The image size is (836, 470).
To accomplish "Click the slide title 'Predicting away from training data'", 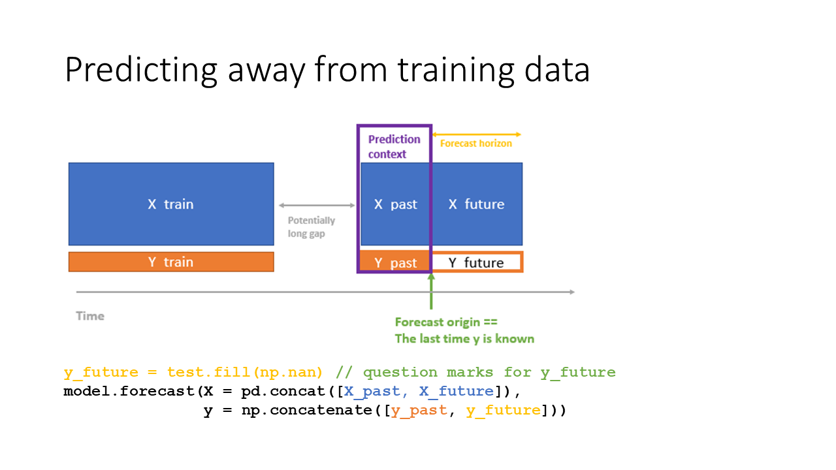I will [327, 70].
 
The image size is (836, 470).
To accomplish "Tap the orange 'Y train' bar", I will [171, 262].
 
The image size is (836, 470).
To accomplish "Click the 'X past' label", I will [395, 204].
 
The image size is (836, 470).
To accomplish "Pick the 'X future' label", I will [476, 204].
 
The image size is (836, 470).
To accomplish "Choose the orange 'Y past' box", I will [395, 262].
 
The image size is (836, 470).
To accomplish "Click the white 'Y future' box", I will [476, 262].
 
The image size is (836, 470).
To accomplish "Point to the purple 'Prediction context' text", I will [394, 147].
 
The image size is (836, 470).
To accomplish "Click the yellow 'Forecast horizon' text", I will [476, 143].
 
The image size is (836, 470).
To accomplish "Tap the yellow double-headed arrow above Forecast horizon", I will [476, 134].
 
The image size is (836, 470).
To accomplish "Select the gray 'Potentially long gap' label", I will [311, 227].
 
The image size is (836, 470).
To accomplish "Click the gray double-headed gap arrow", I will [316, 206].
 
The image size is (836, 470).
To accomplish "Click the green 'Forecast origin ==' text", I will [447, 322].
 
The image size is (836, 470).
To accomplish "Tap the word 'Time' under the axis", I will [90, 316].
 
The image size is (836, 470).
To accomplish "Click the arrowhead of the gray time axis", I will [571, 292].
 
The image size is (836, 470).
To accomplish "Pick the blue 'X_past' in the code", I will [372, 391].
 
